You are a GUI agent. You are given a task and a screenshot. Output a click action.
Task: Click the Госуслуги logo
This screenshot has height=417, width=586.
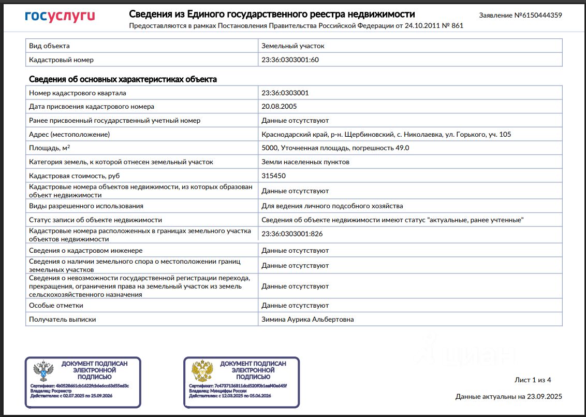60,16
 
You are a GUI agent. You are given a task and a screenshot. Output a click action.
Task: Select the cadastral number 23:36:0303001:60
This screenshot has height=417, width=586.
290,60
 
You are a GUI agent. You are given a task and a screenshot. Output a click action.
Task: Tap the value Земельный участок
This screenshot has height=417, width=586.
293,46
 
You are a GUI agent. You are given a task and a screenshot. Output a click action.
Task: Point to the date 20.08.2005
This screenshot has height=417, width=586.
280,107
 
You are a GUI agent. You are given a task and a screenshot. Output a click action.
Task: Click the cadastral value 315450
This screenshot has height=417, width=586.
273,176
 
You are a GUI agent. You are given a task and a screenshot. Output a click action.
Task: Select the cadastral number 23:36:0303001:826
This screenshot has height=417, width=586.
292,234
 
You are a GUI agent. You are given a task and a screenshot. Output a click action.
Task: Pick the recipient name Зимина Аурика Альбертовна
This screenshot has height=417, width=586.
307,320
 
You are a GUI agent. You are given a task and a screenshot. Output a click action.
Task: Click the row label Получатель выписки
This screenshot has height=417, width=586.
63,320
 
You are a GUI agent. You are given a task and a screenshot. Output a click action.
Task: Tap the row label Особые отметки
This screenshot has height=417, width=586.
57,306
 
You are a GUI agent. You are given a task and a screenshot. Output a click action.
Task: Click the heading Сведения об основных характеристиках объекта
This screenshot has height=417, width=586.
123,79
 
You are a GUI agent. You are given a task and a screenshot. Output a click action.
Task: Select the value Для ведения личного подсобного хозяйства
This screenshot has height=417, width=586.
332,206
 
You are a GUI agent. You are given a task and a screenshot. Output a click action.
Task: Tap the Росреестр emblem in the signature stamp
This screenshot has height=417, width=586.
43,371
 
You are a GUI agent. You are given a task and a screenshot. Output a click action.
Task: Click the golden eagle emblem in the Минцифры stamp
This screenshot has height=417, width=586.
202,371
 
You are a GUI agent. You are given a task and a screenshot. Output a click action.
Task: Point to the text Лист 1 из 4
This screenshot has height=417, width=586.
533,380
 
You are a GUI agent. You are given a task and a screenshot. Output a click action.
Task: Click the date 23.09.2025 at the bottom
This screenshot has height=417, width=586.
544,397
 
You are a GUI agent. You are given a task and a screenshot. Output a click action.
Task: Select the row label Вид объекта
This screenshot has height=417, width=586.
50,46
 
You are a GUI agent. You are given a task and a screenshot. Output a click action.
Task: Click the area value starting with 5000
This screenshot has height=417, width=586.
335,148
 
